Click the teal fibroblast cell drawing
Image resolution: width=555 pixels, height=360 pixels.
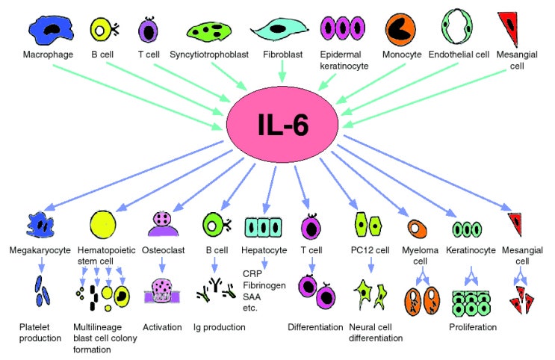coord(280,29)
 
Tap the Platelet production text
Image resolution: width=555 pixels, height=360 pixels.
coord(40,332)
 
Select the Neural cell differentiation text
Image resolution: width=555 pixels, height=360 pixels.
coord(376,332)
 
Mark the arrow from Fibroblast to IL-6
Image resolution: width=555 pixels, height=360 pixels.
coord(282,72)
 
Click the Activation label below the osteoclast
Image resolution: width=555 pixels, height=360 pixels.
coord(161,326)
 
